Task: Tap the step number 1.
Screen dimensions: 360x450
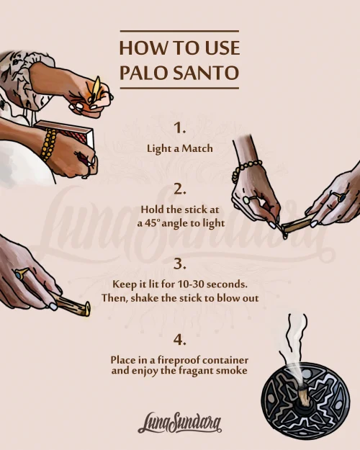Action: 180,127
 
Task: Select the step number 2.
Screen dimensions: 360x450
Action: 180,189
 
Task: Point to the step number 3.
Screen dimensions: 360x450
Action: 180,264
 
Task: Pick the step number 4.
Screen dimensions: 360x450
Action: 180,340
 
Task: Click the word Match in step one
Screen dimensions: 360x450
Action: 197,148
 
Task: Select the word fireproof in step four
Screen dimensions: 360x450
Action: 179,360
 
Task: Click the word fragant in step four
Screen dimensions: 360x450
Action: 196,371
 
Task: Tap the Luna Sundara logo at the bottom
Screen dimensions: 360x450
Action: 180,423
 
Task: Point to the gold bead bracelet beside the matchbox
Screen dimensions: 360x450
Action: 48,144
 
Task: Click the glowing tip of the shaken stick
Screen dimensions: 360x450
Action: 86,309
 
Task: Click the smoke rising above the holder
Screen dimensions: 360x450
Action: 294,347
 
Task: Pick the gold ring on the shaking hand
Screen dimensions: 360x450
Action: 22,273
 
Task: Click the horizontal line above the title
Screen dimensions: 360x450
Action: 179,31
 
